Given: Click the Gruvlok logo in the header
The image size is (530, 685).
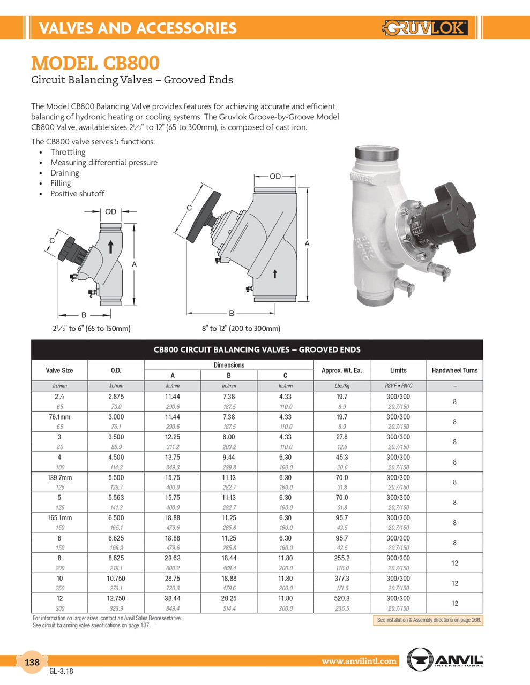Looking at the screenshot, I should (425, 27).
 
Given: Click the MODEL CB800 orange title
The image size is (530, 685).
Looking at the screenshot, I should (95, 63).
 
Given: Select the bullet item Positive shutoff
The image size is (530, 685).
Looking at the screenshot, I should (77, 194).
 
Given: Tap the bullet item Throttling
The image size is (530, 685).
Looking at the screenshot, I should (68, 153).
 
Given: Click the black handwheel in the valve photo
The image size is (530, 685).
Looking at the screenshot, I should (455, 215).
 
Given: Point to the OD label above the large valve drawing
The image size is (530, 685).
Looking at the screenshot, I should (275, 176).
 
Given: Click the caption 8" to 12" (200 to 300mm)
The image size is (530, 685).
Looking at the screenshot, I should (241, 329).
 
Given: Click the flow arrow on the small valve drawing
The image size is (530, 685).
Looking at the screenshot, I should (111, 246).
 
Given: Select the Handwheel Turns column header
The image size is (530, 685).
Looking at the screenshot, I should (454, 370).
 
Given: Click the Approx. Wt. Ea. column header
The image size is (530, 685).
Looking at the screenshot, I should (341, 370).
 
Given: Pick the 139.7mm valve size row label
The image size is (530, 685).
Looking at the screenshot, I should (59, 478).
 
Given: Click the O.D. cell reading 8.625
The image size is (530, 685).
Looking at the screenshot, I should (116, 558).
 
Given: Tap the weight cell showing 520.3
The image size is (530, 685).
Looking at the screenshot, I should (341, 599).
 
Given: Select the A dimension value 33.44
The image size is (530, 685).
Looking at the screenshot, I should (172, 599).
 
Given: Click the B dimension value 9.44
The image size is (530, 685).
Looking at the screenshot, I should (229, 458).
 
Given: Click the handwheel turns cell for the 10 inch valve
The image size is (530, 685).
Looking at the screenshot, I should (454, 583).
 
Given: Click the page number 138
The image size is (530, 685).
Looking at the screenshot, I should (32, 663).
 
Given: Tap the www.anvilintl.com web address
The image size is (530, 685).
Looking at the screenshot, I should (359, 661).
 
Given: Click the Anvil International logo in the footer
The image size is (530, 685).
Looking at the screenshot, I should (445, 659).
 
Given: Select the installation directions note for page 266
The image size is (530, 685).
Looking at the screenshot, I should (428, 620).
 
